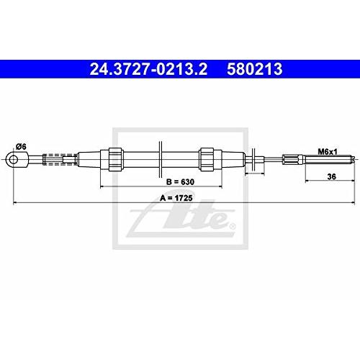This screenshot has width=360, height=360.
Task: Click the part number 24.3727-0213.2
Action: tap(148, 69)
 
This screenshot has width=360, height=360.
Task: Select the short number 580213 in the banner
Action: tap(254, 69)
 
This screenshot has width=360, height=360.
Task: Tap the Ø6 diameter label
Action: tap(21, 147)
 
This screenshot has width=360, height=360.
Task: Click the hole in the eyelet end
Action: tap(14, 159)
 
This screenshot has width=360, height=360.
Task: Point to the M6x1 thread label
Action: tap(328, 152)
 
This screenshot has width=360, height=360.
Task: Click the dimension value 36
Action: tap(331, 176)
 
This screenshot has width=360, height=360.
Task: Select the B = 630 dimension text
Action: tap(180, 182)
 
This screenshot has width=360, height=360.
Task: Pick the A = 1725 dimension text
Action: tap(176, 198)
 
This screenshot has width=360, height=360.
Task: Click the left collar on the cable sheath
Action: tap(116, 159)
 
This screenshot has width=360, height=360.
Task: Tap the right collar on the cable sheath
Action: tap(207, 159)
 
